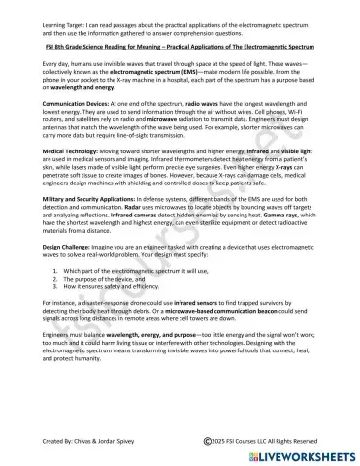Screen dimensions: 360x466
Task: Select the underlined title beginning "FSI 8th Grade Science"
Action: pos(180,46)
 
